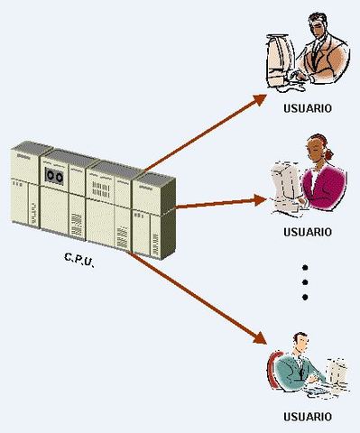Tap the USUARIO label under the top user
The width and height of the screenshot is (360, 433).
(306, 108)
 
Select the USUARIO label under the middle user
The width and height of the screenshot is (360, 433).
(306, 231)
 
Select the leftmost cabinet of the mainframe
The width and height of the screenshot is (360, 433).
(23, 194)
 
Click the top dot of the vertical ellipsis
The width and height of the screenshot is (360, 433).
(305, 268)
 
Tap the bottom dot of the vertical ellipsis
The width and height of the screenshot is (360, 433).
(305, 297)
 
